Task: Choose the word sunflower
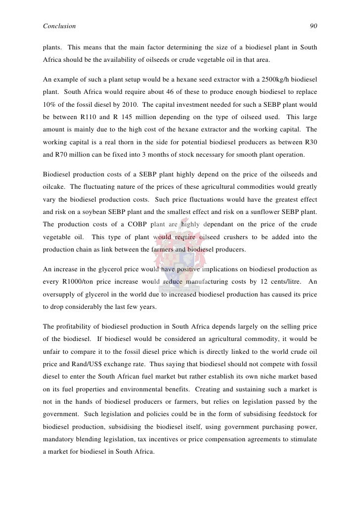[267, 212]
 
